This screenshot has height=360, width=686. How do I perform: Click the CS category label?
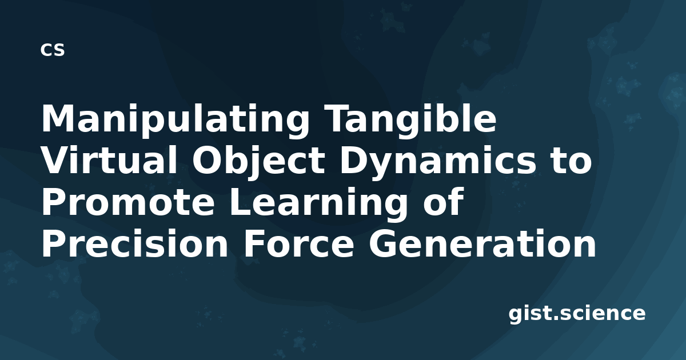[53, 50]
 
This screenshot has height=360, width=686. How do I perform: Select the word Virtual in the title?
[109, 160]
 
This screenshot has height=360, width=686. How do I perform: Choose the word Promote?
[127, 202]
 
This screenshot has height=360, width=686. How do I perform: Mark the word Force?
[299, 243]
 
